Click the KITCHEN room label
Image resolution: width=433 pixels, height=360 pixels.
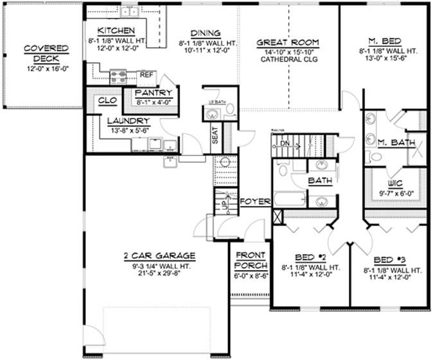pyautogui.click(x=116, y=31)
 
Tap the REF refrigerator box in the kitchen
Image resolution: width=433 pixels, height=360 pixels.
pyautogui.click(x=146, y=74)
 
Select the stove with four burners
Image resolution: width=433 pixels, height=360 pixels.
pyautogui.click(x=119, y=77)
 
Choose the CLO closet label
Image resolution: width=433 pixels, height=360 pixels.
pyautogui.click(x=107, y=100)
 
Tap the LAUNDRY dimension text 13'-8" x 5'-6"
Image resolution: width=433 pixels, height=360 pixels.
pyautogui.click(x=128, y=130)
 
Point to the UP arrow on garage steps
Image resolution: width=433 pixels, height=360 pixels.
pyautogui.click(x=223, y=205)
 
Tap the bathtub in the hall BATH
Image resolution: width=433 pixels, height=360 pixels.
pyautogui.click(x=289, y=199)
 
